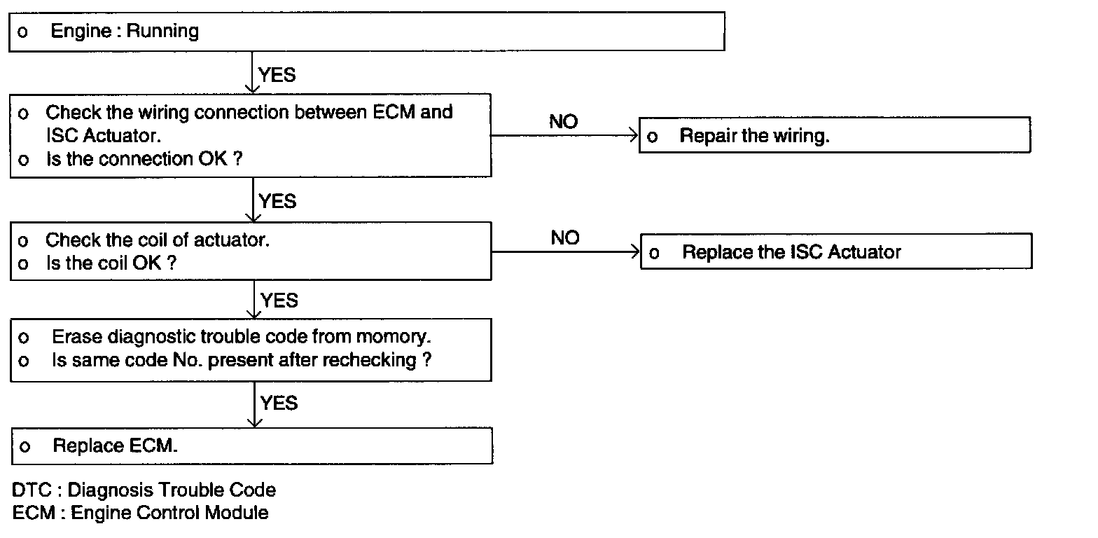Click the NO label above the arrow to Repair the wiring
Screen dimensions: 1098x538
click(x=563, y=122)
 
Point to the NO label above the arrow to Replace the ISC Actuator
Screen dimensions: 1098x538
click(x=565, y=238)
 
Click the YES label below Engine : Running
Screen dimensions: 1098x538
click(x=277, y=75)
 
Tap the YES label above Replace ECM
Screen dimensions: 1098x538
click(x=279, y=403)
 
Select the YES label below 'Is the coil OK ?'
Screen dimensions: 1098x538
click(x=279, y=301)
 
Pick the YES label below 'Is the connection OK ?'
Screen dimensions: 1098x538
click(x=277, y=202)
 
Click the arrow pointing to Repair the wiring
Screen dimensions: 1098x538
click(x=564, y=135)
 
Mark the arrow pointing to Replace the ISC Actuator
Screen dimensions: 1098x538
click(x=566, y=251)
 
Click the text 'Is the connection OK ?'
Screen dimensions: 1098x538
click(x=144, y=159)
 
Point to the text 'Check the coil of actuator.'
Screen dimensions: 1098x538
click(x=158, y=240)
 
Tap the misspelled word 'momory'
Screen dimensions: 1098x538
click(x=393, y=337)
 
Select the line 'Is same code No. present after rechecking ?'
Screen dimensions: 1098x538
click(x=242, y=360)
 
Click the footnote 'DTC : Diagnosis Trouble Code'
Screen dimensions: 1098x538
click(x=144, y=490)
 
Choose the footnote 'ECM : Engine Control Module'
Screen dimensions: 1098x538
click(x=140, y=513)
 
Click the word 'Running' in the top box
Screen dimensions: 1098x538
click(x=162, y=31)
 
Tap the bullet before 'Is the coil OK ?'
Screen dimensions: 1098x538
click(x=23, y=264)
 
